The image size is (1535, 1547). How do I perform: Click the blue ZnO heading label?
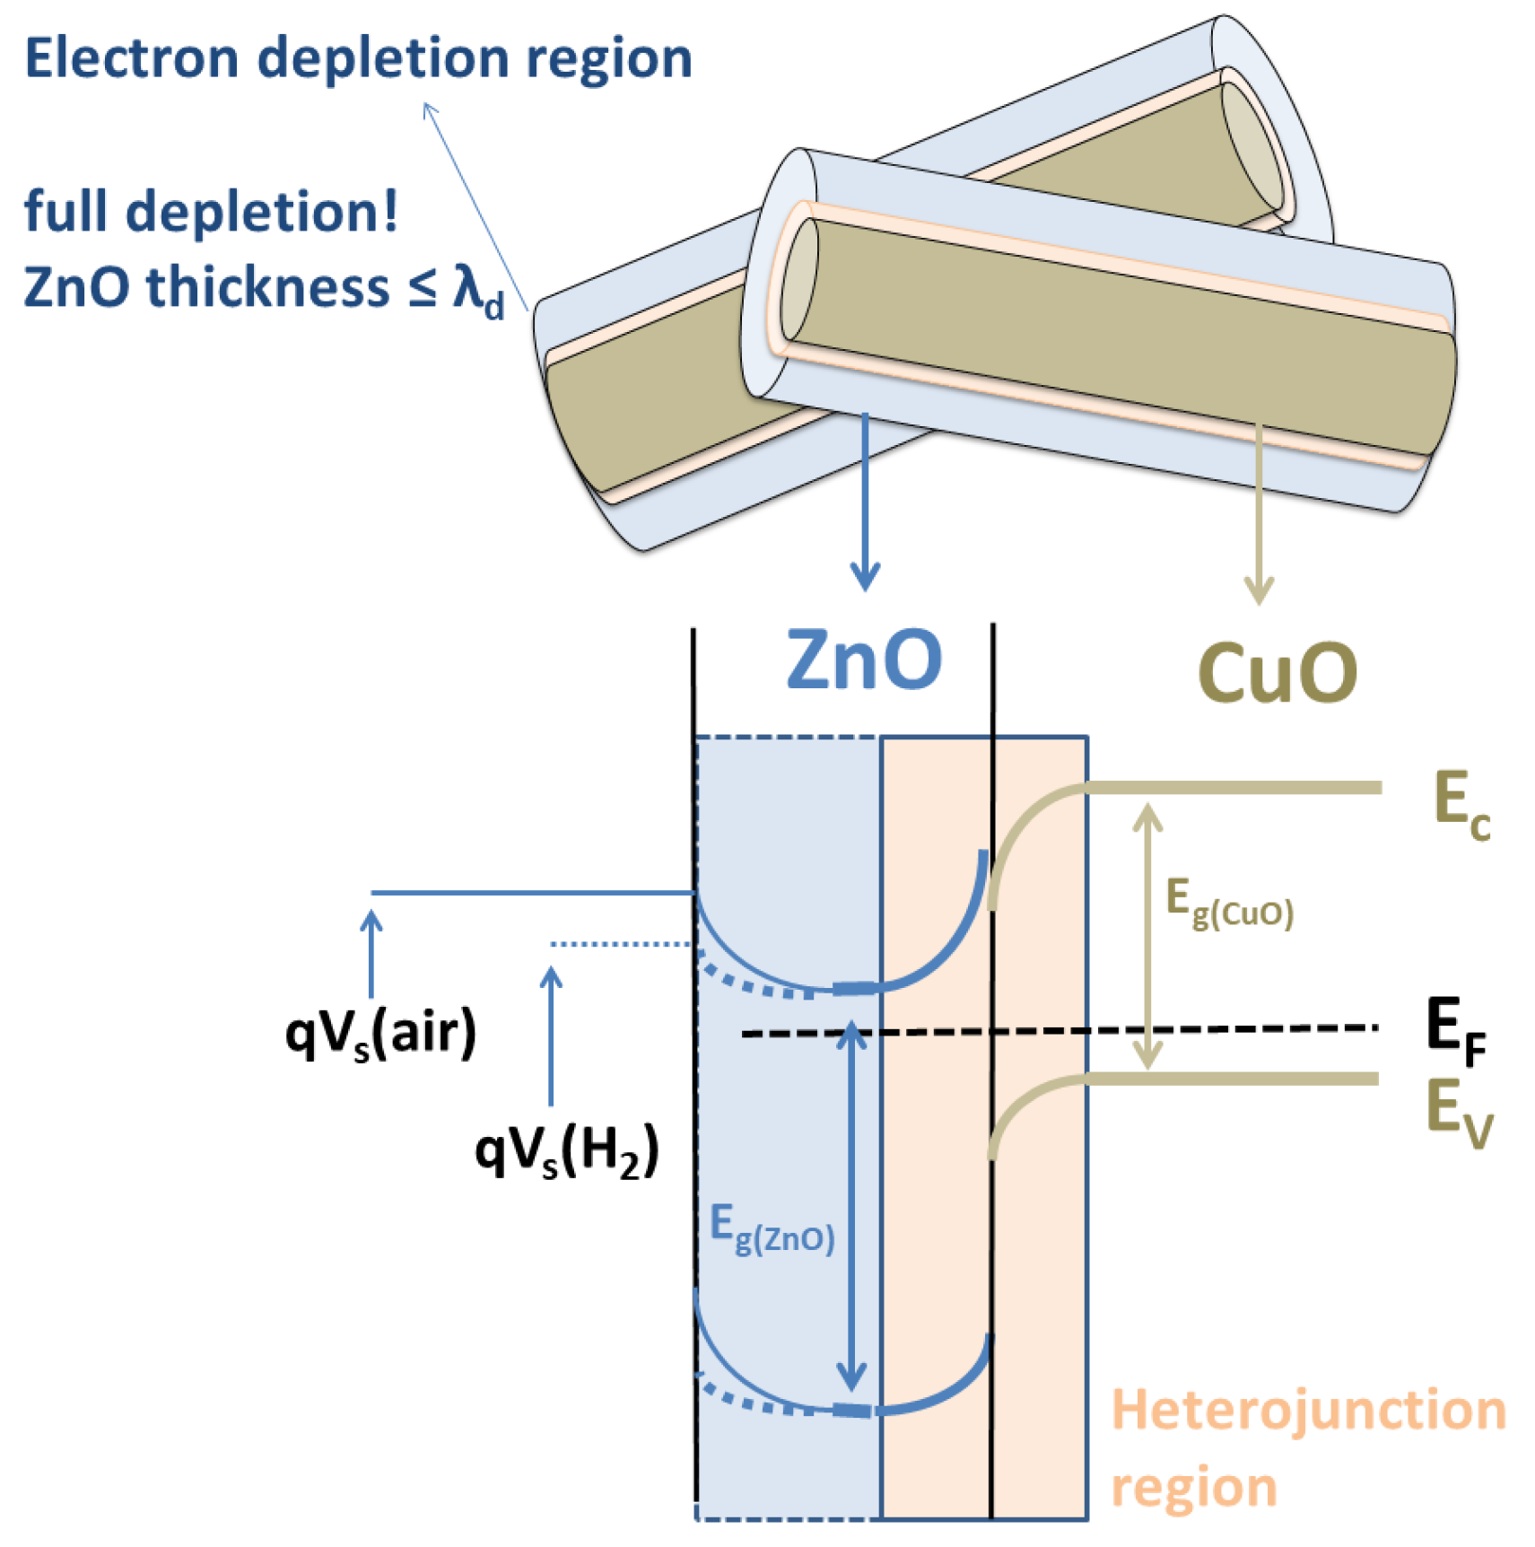coord(863,660)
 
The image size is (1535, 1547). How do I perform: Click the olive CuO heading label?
coord(1277,673)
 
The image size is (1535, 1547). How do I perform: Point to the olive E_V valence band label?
coord(1458,1113)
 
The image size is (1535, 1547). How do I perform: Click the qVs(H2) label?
coord(566,1151)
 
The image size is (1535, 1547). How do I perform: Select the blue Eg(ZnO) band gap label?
coord(772,1229)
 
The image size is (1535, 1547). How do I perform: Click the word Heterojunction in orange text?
coord(1308,1410)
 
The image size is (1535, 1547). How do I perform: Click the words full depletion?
coord(211,212)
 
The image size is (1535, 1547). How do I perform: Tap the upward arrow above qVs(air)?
coord(371,952)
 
